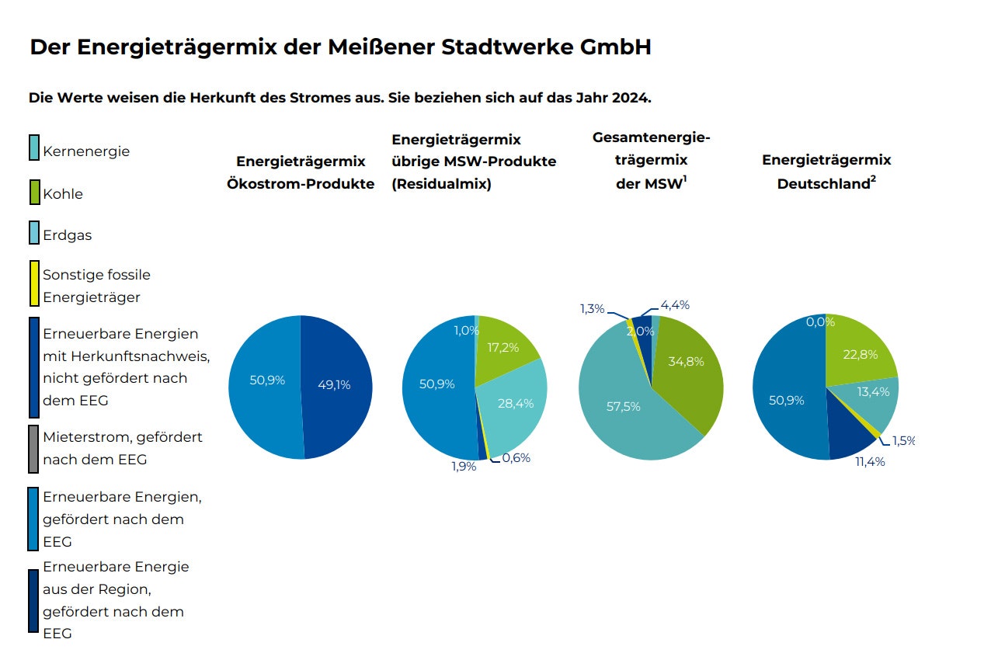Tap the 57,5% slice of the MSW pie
tap(621, 412)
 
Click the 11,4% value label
tap(870, 462)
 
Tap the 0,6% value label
tap(516, 458)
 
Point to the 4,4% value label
tap(675, 305)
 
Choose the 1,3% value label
tap(592, 309)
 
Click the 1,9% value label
tap(464, 467)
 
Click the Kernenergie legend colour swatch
tap(33, 148)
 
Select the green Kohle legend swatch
tap(34, 190)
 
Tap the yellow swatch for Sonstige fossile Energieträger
tap(34, 283)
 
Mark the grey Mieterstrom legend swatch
tap(33, 449)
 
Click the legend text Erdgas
tap(67, 235)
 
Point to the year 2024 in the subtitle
tap(631, 99)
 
